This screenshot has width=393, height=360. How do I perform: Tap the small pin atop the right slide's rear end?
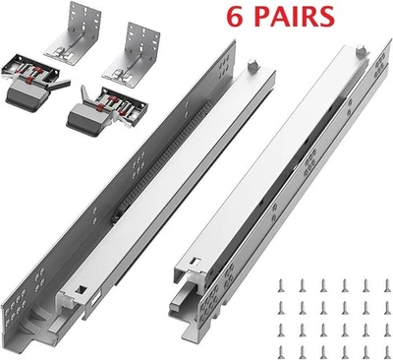pos(356,47)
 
